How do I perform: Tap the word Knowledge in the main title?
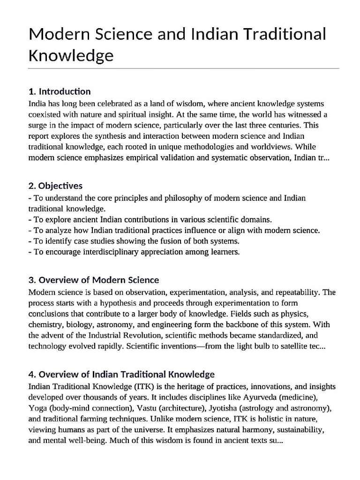71,55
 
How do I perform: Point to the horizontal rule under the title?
183,68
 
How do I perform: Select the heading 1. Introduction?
60,91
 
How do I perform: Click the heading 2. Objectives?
55,186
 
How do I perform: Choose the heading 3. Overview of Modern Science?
94,280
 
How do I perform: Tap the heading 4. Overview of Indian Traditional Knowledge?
121,375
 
